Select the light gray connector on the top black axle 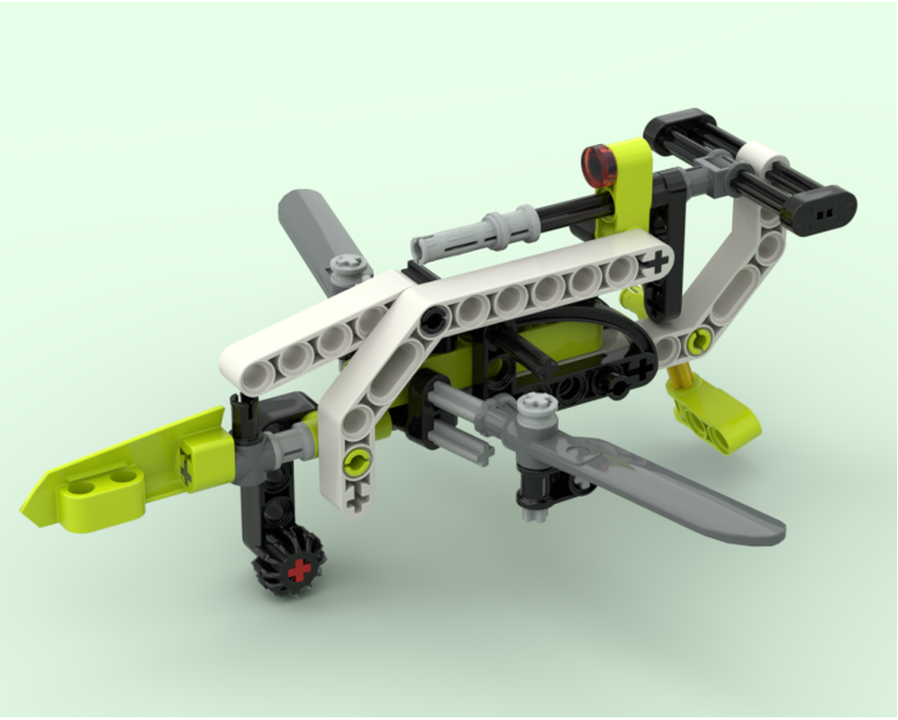click(x=468, y=234)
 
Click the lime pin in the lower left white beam click(x=358, y=463)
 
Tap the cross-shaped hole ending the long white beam click(x=657, y=262)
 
